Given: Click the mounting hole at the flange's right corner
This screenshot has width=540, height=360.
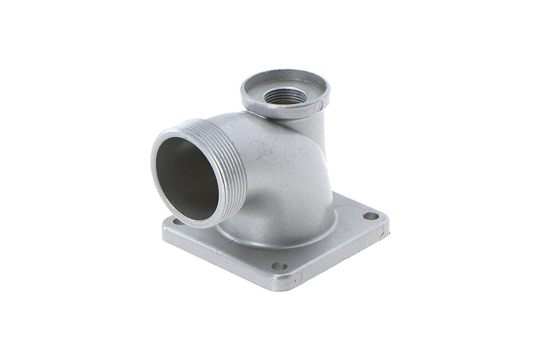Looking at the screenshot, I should pos(371,216).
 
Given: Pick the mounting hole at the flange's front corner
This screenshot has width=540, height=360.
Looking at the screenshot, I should pos(279,266).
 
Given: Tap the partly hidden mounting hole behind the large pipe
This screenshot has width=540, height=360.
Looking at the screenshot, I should pos(178,221).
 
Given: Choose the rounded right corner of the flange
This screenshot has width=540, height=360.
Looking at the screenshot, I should pos(385,220).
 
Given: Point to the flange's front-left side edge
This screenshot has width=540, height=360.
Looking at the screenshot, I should pos(216,261).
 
